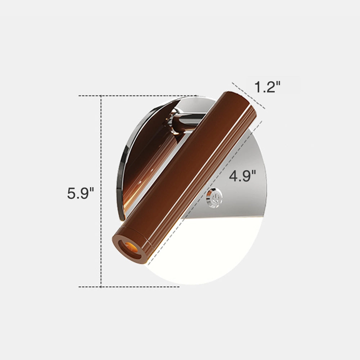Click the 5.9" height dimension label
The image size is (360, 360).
coord(81,193)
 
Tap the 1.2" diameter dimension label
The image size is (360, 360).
coord(267,87)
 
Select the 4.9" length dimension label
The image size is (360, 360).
coord(242,176)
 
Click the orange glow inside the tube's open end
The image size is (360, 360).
coord(131,247)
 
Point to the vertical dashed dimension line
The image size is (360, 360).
coord(101,191)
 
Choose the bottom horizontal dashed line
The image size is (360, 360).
coord(129,287)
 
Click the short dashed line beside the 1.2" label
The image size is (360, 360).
coord(248,95)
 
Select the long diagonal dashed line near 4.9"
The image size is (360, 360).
coord(205,193)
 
